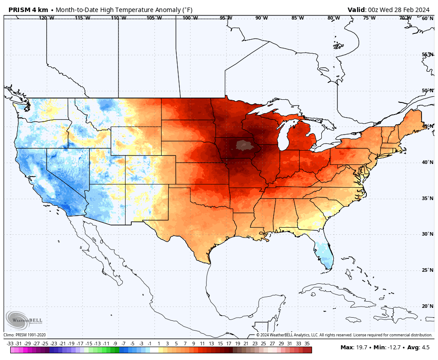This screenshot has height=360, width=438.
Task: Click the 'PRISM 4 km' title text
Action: pos(28,10)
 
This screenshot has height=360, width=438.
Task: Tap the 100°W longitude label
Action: pos(190,18)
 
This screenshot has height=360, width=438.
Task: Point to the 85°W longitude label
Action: pos(298,18)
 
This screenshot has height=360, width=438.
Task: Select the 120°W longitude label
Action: pos(46,18)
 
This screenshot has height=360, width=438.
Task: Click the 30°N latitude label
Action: pos(427,234)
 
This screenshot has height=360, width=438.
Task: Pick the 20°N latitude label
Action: pos(427,306)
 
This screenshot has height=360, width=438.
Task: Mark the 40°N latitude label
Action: pos(427,162)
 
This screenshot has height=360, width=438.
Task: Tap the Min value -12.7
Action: pos(392,348)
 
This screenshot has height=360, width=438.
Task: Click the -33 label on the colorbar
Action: pos(10,344)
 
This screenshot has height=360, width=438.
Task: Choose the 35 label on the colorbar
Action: pos(307,344)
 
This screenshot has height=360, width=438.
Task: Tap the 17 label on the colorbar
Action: pos(228,344)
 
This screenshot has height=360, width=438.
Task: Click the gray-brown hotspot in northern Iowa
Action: pos(243,145)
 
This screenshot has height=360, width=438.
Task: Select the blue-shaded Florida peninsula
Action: pos(324,254)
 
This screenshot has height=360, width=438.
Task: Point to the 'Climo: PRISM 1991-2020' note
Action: pos(24,335)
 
